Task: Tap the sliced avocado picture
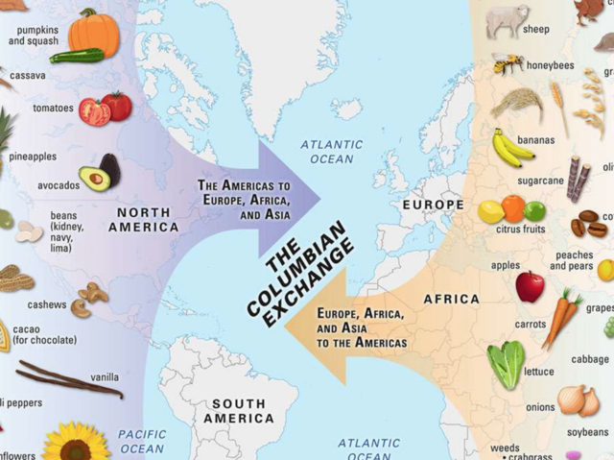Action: coord(99,173)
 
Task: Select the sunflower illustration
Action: coord(77,443)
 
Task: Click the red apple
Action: coord(530,285)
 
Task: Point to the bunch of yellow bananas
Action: coord(511,147)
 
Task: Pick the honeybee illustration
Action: coord(508,63)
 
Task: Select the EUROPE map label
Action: coord(433,205)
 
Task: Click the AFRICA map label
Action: coord(451,299)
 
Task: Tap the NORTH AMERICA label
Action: coord(143,220)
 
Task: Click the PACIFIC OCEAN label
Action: coord(142,441)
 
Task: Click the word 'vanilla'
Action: coord(105,377)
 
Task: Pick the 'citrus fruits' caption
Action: coord(521,230)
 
